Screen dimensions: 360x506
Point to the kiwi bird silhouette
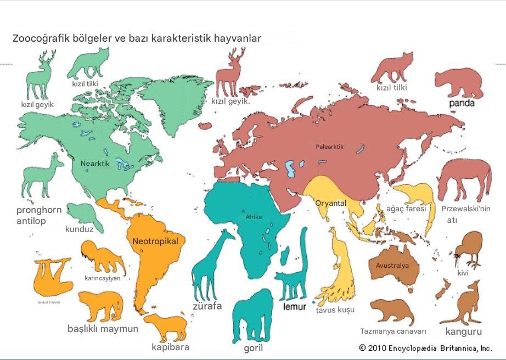[x=468, y=247]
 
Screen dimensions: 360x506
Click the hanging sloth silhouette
[x=52, y=277]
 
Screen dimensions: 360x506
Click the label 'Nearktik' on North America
[x=95, y=164]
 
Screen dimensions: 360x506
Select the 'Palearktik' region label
[x=330, y=147]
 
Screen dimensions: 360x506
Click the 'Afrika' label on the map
[x=254, y=217]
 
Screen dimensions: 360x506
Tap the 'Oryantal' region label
[x=330, y=203]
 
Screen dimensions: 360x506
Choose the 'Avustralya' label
[x=392, y=266]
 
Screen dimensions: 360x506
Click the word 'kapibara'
[x=170, y=347]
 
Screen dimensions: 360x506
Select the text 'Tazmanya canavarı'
[x=393, y=331]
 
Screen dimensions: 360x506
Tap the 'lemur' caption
[x=294, y=307]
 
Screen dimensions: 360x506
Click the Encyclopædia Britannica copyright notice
[x=425, y=348]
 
